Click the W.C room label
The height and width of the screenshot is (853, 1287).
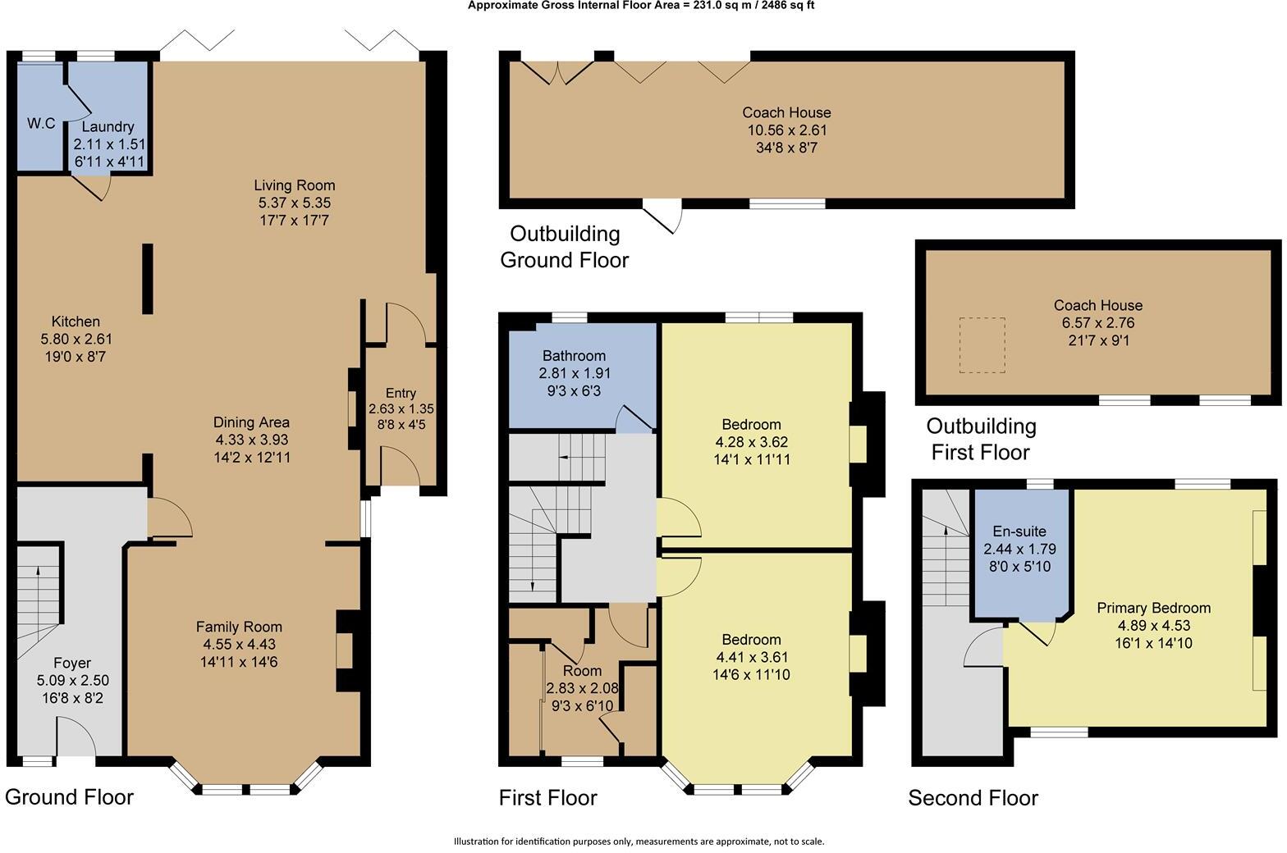(x=41, y=124)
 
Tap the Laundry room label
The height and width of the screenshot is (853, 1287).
(x=108, y=127)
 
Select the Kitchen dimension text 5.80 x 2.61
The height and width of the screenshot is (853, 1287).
(x=76, y=339)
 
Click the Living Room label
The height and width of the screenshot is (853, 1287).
(x=294, y=185)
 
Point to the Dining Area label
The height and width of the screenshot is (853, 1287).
(x=251, y=422)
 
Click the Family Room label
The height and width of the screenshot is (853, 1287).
(x=239, y=627)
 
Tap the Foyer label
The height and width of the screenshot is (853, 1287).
(x=72, y=663)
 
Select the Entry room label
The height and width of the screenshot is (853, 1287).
(x=401, y=393)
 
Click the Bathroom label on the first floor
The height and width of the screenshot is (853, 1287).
(x=574, y=355)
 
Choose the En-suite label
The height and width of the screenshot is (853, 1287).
(x=1019, y=531)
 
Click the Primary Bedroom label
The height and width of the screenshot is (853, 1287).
(x=1153, y=608)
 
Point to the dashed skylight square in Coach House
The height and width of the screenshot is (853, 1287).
(x=982, y=345)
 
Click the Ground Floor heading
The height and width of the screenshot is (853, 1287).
(x=69, y=796)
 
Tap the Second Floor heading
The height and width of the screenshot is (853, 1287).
(x=973, y=798)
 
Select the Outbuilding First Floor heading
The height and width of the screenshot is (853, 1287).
(x=981, y=439)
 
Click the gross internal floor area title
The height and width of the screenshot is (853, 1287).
(x=641, y=6)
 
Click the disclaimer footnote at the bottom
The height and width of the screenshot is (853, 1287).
(x=639, y=841)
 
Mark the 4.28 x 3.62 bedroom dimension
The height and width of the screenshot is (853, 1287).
(x=751, y=442)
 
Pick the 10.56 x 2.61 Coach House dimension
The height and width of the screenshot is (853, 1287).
(x=786, y=130)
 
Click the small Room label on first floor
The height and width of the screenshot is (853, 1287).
(x=582, y=671)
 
